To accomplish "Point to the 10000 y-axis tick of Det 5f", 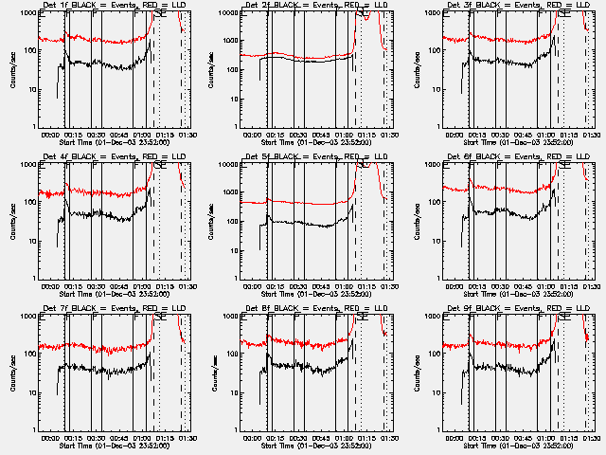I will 226,165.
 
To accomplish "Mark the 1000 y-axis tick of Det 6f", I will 432,165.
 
